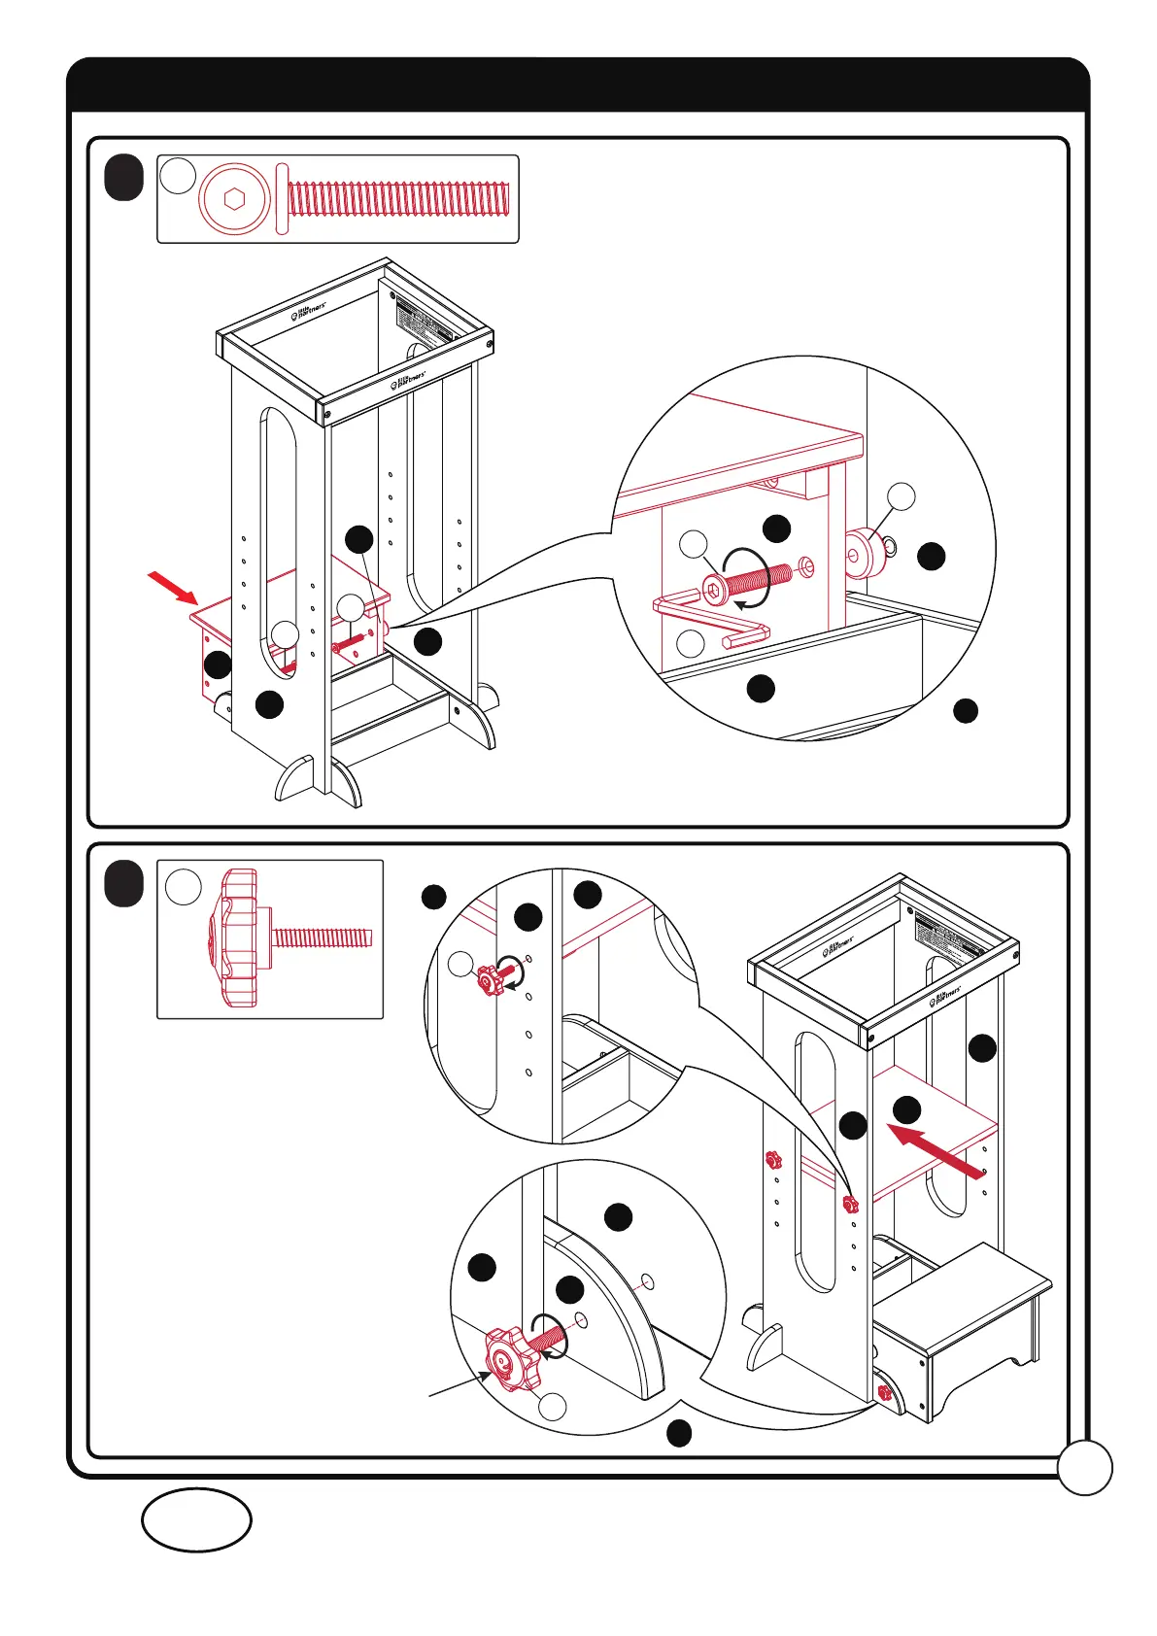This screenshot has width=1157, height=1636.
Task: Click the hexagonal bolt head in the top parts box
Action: coord(232,199)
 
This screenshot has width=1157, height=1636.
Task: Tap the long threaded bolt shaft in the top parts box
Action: coord(398,199)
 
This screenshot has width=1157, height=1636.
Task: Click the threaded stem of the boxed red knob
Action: coord(323,937)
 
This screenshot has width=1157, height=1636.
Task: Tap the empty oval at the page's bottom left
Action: coord(196,1519)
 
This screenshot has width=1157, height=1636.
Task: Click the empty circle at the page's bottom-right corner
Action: coord(1084,1467)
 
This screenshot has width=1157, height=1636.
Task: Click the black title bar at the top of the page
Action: coord(578,85)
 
